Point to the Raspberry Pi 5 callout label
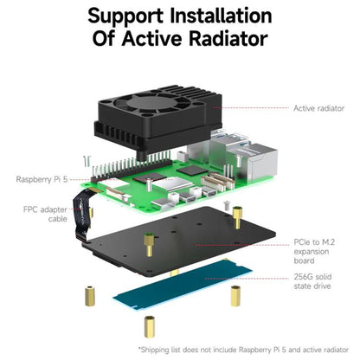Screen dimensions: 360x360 (x=42, y=180)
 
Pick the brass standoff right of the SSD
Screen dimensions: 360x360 (x=235, y=296)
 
